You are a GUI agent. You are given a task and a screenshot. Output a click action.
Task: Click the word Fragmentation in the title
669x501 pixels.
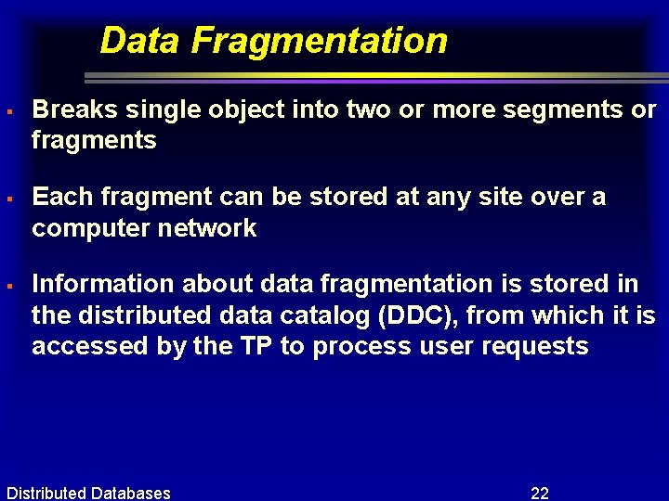[x=320, y=41]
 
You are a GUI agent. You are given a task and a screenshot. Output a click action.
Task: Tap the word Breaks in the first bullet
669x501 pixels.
[x=75, y=109]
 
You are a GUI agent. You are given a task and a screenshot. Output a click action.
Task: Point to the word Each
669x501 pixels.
[x=62, y=197]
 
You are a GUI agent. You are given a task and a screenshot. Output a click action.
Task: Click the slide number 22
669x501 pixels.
[x=539, y=493]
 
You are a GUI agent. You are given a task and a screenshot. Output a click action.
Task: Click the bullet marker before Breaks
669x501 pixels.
[x=7, y=111]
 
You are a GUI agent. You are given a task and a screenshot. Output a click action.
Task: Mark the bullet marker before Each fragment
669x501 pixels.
[x=7, y=199]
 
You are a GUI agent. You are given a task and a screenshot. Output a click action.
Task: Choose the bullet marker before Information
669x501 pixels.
[x=7, y=286]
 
